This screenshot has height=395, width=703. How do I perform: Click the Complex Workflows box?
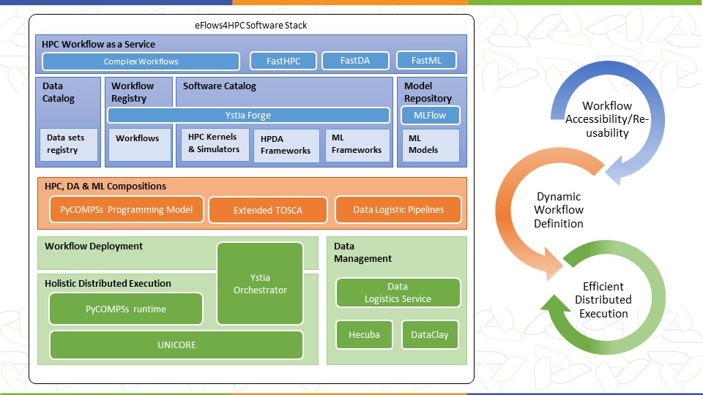coord(141,61)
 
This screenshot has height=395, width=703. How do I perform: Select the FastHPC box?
coord(283,61)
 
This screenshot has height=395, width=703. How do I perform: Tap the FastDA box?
coord(355,61)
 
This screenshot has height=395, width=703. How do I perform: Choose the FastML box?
coord(426,61)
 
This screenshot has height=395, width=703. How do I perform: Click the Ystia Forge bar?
coord(248,115)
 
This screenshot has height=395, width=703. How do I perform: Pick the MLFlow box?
coord(430,115)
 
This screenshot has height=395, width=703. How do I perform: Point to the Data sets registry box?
coord(69,144)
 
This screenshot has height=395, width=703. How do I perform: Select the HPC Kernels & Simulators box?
coord(215,144)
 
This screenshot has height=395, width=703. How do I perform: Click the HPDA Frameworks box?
coord(286,145)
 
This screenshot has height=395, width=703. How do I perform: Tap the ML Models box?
coord(431,145)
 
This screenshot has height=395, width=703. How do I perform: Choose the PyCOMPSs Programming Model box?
coord(127,209)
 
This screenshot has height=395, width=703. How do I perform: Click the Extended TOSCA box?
coord(268,210)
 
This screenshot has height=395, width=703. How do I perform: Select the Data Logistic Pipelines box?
coord(398,210)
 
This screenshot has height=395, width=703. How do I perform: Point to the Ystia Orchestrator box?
coord(260,284)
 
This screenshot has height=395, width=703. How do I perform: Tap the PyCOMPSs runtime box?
coord(126,309)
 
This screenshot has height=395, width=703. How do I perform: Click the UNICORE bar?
coord(176,345)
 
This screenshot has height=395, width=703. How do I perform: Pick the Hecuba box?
coord(364,334)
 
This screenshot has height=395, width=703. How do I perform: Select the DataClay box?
coord(430,334)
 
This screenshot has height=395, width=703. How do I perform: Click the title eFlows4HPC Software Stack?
coord(250,25)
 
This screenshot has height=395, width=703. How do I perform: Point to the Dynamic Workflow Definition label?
coord(559,210)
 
